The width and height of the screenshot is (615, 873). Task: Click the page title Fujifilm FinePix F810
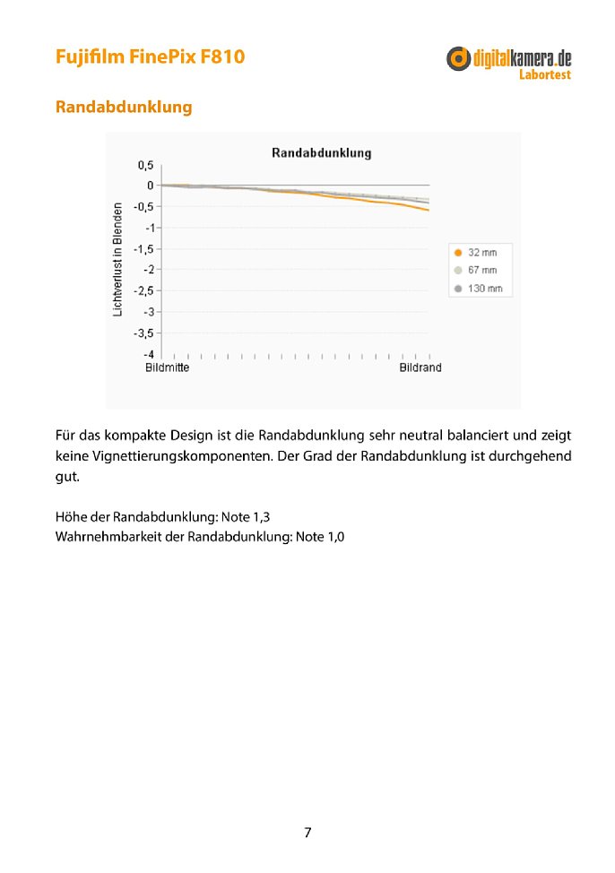[150, 56]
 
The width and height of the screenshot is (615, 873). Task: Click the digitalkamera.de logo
[508, 59]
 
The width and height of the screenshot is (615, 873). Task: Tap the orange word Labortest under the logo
[544, 75]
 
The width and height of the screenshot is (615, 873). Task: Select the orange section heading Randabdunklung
[124, 107]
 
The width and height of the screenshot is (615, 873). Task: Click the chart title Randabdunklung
[321, 153]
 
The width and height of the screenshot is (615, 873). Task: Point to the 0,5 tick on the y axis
[145, 166]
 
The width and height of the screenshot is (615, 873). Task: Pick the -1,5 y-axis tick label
[143, 249]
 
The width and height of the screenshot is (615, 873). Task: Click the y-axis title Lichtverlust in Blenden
[117, 259]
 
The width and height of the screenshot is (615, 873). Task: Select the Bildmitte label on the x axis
[167, 368]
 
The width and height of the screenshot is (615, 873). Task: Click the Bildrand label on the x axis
[420, 368]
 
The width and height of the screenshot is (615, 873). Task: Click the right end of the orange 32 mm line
[428, 210]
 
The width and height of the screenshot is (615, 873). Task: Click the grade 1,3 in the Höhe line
[258, 518]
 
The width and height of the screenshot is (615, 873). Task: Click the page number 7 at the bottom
[307, 833]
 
